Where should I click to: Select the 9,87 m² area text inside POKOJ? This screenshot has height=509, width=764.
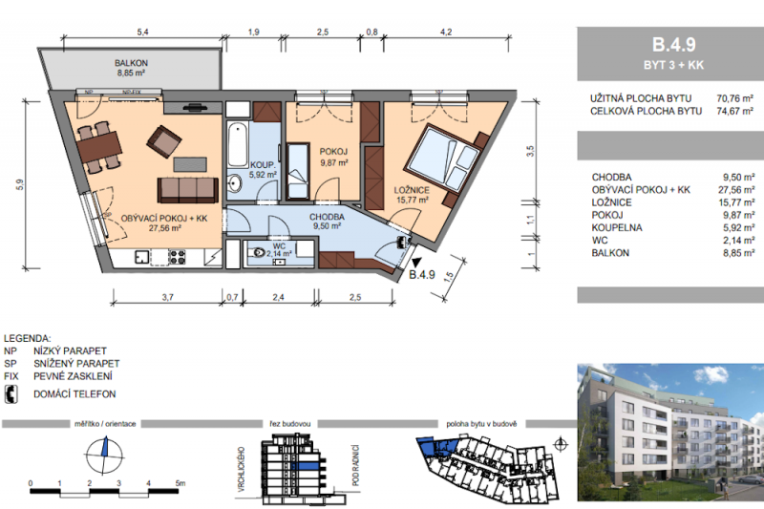(x=332, y=162)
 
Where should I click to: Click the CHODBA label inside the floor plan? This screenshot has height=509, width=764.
(x=327, y=217)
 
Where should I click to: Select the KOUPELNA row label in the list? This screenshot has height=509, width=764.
(x=616, y=228)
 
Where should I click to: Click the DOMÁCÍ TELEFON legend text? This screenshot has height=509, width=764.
(x=74, y=394)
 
